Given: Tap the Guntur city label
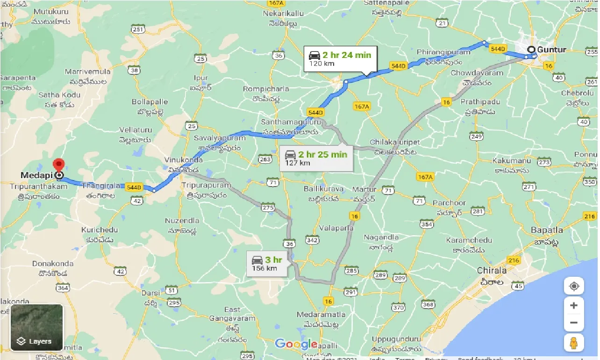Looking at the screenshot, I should click(552, 50).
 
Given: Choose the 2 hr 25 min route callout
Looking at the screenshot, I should click(316, 158).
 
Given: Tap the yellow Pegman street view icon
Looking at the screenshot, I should click(574, 343).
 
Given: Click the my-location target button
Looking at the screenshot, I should click(574, 286).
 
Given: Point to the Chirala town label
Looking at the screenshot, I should click(492, 270).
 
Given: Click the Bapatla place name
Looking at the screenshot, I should click(547, 230).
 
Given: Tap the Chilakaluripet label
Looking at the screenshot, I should click(395, 142).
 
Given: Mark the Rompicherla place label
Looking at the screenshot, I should click(266, 89).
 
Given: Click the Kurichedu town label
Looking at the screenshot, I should click(100, 230).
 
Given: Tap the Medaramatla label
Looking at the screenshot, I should click(322, 314).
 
